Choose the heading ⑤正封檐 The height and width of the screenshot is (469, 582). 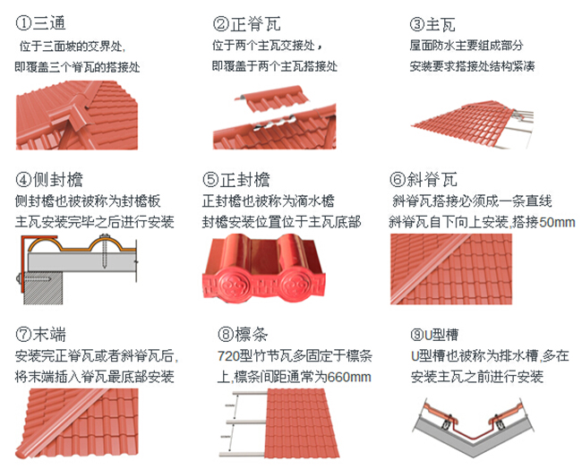[x=237, y=179]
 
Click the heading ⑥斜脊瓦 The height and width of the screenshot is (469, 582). [x=424, y=179]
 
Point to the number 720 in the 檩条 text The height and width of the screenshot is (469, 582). [x=229, y=356]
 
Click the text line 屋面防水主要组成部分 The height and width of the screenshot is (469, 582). [x=466, y=45]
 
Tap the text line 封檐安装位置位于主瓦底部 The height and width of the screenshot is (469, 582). [x=281, y=221]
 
